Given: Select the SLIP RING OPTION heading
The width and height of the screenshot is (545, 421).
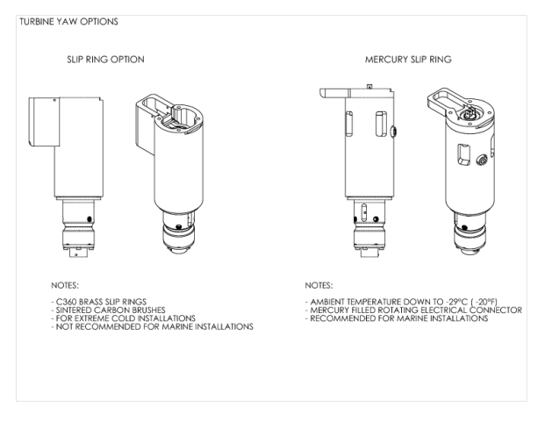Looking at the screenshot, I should tap(105, 60).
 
